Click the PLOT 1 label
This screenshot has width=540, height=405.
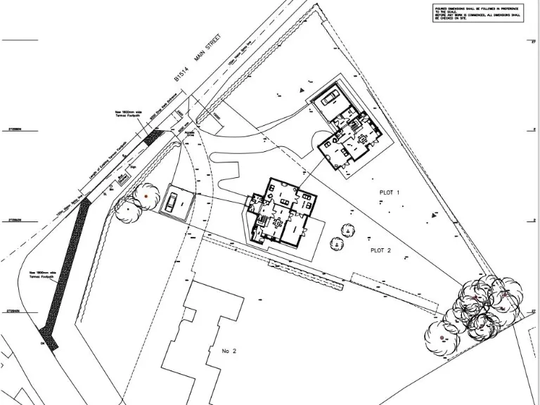[x=389, y=192]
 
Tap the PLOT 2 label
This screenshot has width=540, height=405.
[x=380, y=250]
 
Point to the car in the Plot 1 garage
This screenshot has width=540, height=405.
[x=331, y=99]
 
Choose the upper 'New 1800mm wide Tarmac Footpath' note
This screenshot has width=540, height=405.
[x=128, y=115]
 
